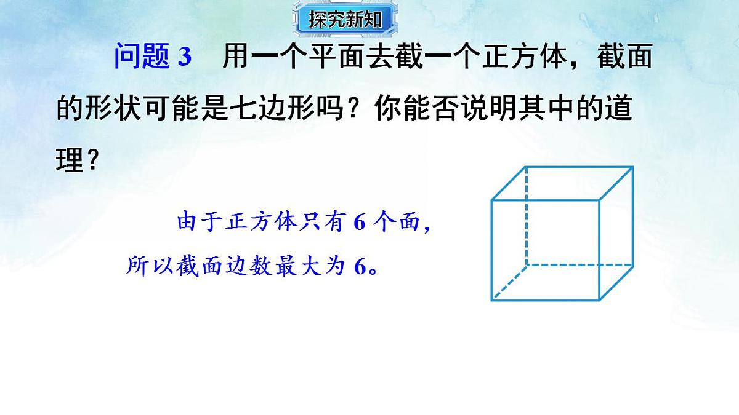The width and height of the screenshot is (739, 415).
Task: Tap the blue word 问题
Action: click(x=141, y=58)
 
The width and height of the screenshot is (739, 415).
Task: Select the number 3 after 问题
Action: click(x=185, y=58)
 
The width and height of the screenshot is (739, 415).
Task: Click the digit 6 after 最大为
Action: click(x=360, y=266)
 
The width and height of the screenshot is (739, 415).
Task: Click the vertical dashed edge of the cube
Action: click(x=527, y=215)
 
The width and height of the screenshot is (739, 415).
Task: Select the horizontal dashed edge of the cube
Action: click(x=579, y=265)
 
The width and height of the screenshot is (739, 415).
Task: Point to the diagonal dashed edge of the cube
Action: click(x=509, y=282)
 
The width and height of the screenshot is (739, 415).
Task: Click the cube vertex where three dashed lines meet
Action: click(x=527, y=265)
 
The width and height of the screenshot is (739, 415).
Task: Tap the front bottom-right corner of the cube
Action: click(x=599, y=299)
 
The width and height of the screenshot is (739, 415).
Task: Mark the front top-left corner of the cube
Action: click(x=492, y=200)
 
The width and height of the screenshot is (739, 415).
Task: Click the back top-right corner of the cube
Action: click(x=632, y=167)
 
